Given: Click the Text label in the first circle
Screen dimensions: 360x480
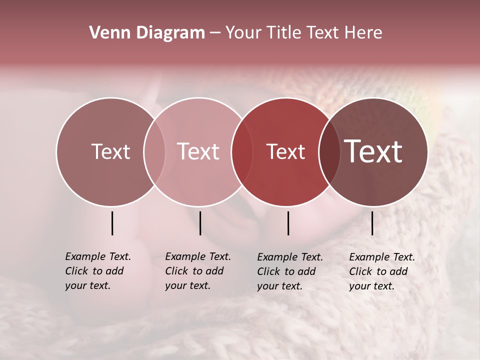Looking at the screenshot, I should point(110,151).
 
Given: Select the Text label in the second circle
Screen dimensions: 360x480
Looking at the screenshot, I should point(198,151).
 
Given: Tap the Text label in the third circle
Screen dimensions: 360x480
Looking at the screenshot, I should point(285,151).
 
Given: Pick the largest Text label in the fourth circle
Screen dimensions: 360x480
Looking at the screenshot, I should point(373,151).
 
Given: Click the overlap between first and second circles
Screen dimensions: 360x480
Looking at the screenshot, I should point(154,151).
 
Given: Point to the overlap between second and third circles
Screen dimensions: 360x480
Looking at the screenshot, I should point(241,151).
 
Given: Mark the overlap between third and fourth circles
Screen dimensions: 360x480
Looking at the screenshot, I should point(329,151).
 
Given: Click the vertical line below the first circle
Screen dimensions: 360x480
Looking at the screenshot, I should point(112,223).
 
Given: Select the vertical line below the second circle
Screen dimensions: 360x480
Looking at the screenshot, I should point(200,223).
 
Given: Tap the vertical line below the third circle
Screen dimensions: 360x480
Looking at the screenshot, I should point(288,223).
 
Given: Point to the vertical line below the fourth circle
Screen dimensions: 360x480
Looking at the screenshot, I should point(372,223).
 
